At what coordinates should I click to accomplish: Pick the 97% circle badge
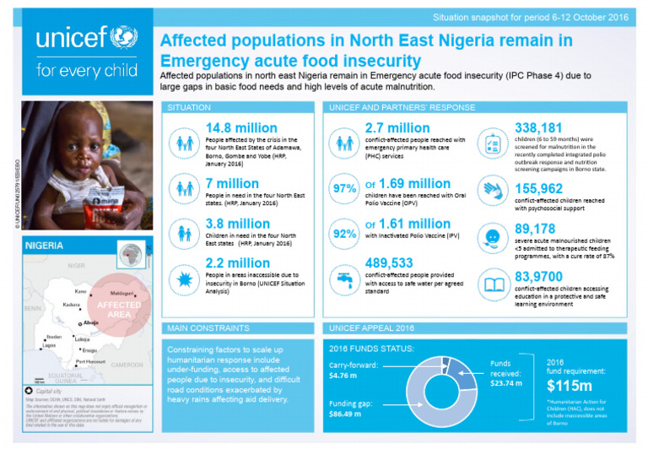click(344, 189)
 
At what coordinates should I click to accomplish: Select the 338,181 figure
click(530, 127)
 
